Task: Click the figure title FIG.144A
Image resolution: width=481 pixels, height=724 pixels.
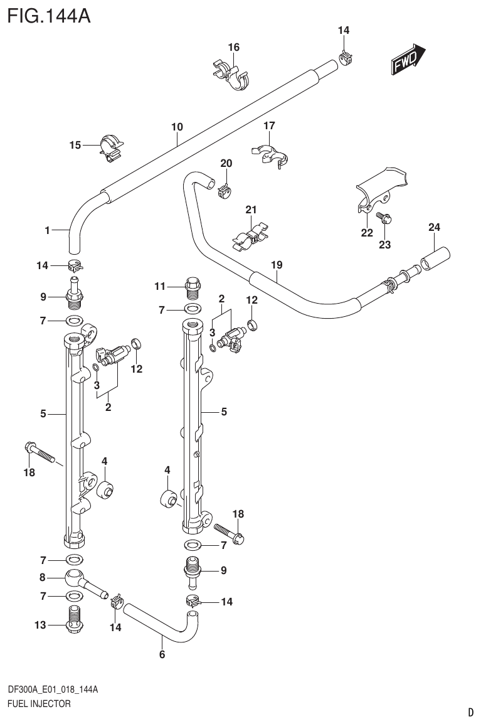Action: pyautogui.click(x=49, y=14)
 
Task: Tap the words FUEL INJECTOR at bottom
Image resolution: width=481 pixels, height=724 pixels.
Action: pyautogui.click(x=38, y=704)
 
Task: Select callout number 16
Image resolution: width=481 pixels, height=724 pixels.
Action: pyautogui.click(x=233, y=47)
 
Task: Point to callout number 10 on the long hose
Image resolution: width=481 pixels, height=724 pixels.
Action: pyautogui.click(x=177, y=127)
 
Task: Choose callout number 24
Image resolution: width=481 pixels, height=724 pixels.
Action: pyautogui.click(x=435, y=227)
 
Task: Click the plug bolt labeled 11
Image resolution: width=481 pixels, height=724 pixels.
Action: pyautogui.click(x=192, y=287)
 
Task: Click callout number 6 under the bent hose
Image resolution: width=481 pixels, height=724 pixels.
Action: pyautogui.click(x=162, y=656)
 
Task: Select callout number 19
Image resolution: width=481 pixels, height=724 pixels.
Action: pyautogui.click(x=277, y=265)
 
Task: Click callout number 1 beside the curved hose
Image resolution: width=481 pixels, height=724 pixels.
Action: pyautogui.click(x=47, y=231)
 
